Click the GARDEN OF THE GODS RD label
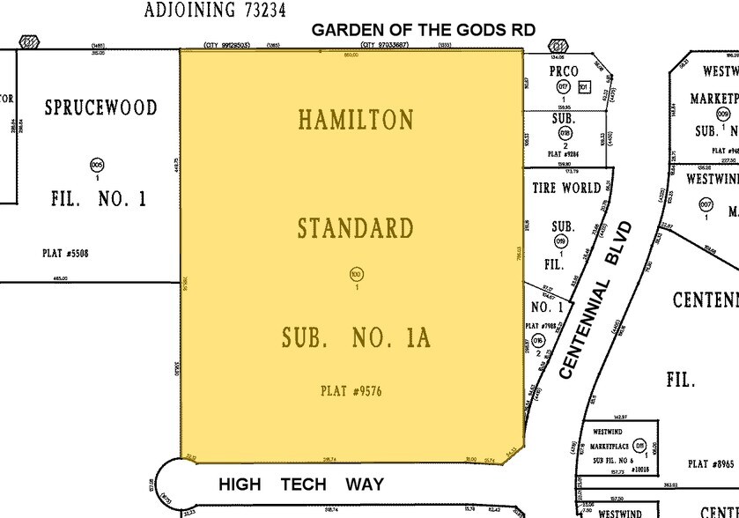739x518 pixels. pos(424,30)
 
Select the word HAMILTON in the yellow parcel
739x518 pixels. pos(356,119)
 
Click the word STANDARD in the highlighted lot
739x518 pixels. pos(355,229)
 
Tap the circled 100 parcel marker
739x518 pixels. pos(356,274)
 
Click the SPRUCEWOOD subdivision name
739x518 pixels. pos(101,108)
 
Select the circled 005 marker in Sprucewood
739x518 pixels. pos(97,165)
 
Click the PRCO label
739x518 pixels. pos(564,71)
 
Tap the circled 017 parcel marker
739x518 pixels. pos(564,87)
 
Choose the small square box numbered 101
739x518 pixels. pos(583,87)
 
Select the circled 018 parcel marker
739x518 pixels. pos(564,133)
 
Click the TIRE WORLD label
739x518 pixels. pos(567,189)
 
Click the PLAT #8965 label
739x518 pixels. pos(710,464)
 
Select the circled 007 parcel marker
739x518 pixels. pos(706,205)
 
